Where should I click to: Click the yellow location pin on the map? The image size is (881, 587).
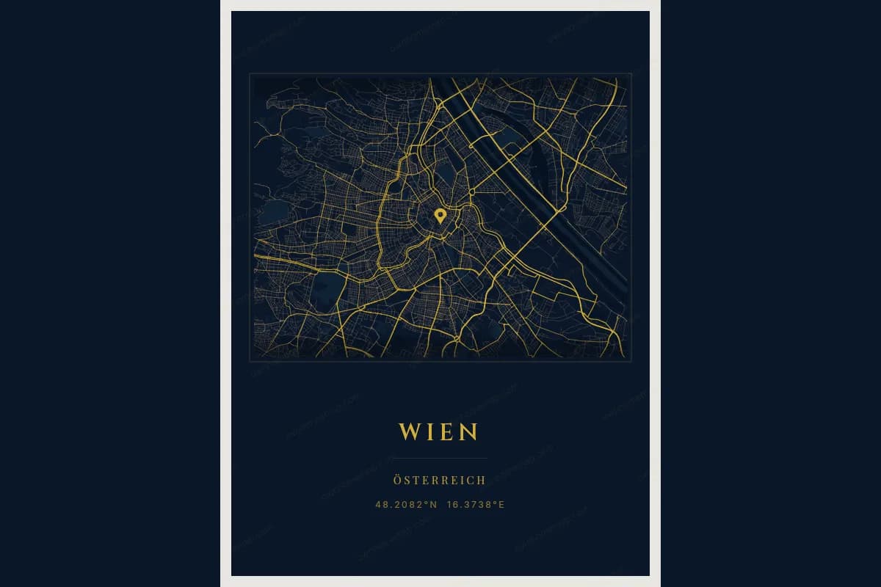440,215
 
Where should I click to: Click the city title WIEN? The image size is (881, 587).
439,431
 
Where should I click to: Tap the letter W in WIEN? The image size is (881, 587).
408,431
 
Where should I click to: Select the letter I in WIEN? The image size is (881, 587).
429,431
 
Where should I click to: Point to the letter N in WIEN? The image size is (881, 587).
469,431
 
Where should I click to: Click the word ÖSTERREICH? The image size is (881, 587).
439,481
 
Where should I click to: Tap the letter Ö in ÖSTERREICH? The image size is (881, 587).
397,481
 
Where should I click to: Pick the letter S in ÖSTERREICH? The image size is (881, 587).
407,481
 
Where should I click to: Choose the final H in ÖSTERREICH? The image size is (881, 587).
482,481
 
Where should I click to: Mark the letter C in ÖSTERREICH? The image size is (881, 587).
471,481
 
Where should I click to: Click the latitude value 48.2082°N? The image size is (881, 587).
406,504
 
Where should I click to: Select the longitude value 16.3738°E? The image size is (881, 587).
476,504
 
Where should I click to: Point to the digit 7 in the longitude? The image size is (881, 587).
473,504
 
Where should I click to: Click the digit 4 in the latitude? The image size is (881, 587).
378,504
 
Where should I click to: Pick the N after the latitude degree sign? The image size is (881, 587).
433,504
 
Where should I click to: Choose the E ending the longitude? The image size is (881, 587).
502,504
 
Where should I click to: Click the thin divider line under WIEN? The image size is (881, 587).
439,458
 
